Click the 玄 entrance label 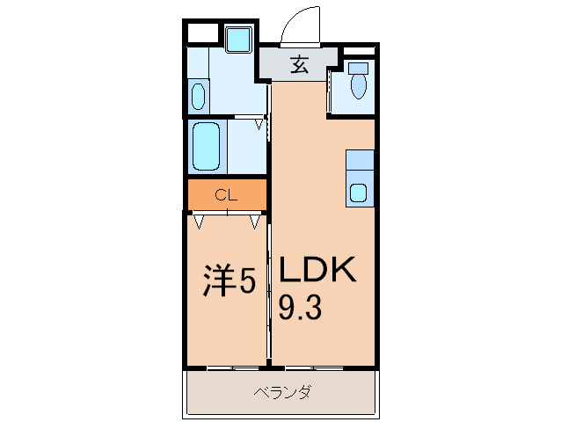point(300,64)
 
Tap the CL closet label point(226,195)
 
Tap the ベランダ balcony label point(282,392)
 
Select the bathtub point(206,146)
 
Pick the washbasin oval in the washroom point(198,95)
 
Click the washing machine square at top point(237,40)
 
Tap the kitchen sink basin point(359,193)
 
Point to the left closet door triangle point(200,222)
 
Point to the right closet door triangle point(255,222)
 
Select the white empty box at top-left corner point(201,34)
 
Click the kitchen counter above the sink point(359,162)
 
